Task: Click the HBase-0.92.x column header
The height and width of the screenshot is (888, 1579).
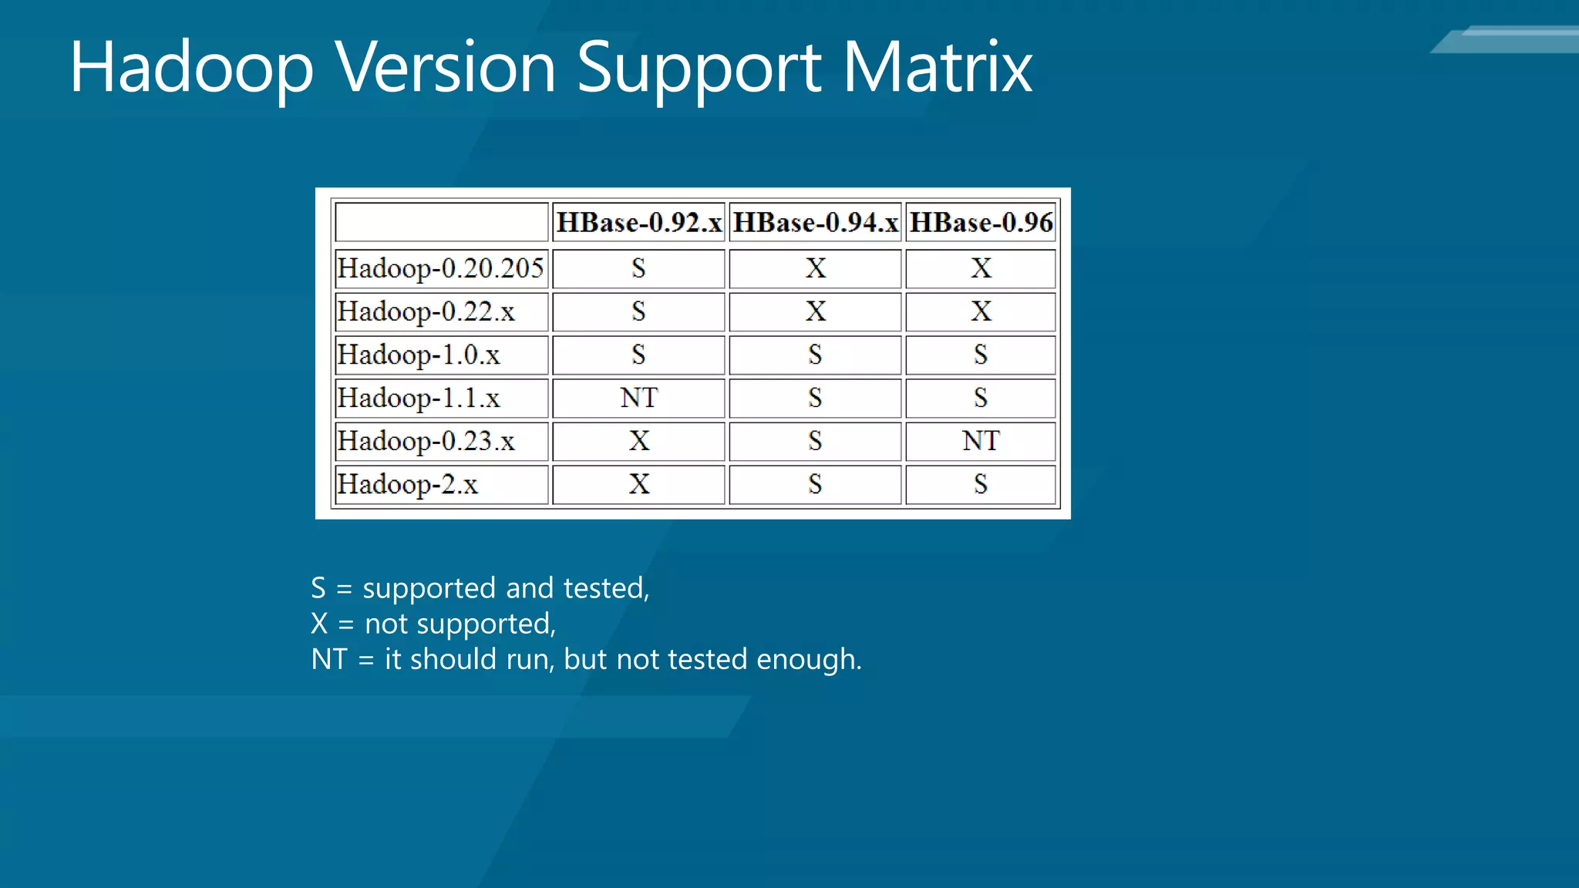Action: [x=638, y=223]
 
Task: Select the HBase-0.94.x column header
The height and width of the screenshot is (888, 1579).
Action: [x=815, y=223]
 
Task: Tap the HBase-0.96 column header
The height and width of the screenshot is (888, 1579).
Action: [x=981, y=223]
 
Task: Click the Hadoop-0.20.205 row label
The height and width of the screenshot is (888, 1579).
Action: [x=440, y=268]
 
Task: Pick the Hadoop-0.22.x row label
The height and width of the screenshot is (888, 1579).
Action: [x=426, y=311]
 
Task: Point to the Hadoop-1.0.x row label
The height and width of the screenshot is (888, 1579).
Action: [x=419, y=355]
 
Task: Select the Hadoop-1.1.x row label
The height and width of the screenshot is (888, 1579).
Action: [x=419, y=398]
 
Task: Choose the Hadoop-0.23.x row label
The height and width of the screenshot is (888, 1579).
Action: [x=426, y=441]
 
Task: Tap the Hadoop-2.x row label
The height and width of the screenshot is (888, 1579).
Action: [x=408, y=484]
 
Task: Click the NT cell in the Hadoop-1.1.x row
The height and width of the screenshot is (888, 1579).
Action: [x=638, y=398]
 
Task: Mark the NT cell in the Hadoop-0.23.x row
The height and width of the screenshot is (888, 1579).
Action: [x=981, y=441]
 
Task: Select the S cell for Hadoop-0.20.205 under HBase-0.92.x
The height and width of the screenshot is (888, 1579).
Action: [x=638, y=268]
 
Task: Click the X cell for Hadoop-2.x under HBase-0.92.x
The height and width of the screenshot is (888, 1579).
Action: [x=638, y=484]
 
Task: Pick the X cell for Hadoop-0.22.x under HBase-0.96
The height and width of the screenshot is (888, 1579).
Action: [x=981, y=311]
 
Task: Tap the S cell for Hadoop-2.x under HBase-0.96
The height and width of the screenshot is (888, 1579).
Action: [x=981, y=484]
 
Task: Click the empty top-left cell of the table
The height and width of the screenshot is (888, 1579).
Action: [x=441, y=223]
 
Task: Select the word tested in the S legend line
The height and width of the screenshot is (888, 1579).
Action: [x=606, y=588]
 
